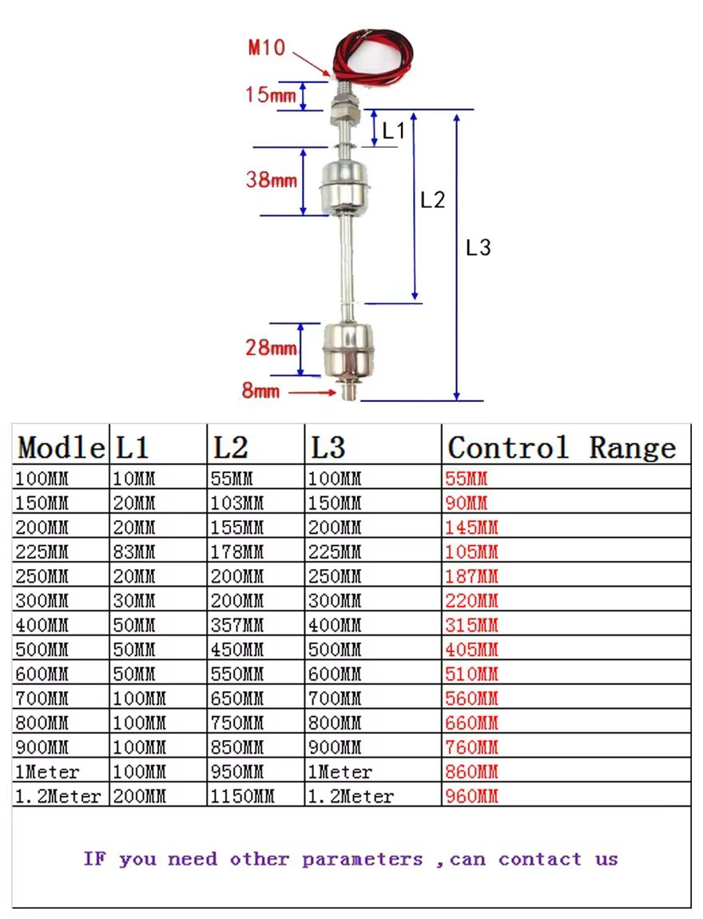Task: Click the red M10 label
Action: [267, 47]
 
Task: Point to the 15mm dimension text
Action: [271, 93]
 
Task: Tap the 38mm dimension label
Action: [272, 179]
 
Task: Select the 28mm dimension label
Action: [271, 348]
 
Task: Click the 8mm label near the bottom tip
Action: [260, 390]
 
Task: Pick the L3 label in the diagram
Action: [478, 248]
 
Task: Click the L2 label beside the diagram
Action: [433, 200]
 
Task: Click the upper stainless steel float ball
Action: [345, 187]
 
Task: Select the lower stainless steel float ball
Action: [348, 350]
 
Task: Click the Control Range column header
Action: [562, 448]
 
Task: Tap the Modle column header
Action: [62, 448]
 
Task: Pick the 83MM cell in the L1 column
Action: [134, 552]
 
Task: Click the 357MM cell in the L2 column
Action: [237, 626]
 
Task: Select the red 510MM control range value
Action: [471, 674]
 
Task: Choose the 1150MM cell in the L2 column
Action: [243, 797]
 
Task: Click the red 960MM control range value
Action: [471, 797]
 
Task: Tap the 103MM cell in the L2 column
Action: [237, 503]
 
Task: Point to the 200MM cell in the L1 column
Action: [140, 797]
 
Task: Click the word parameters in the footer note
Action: [363, 860]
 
